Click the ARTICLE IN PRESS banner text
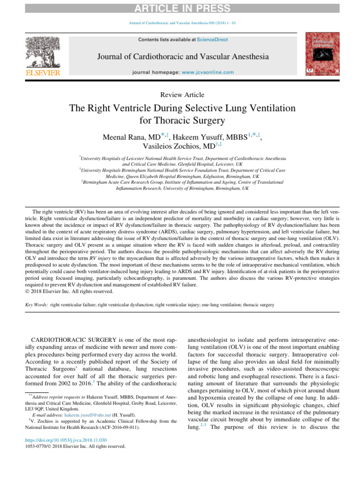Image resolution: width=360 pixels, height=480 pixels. [x=180, y=8]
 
